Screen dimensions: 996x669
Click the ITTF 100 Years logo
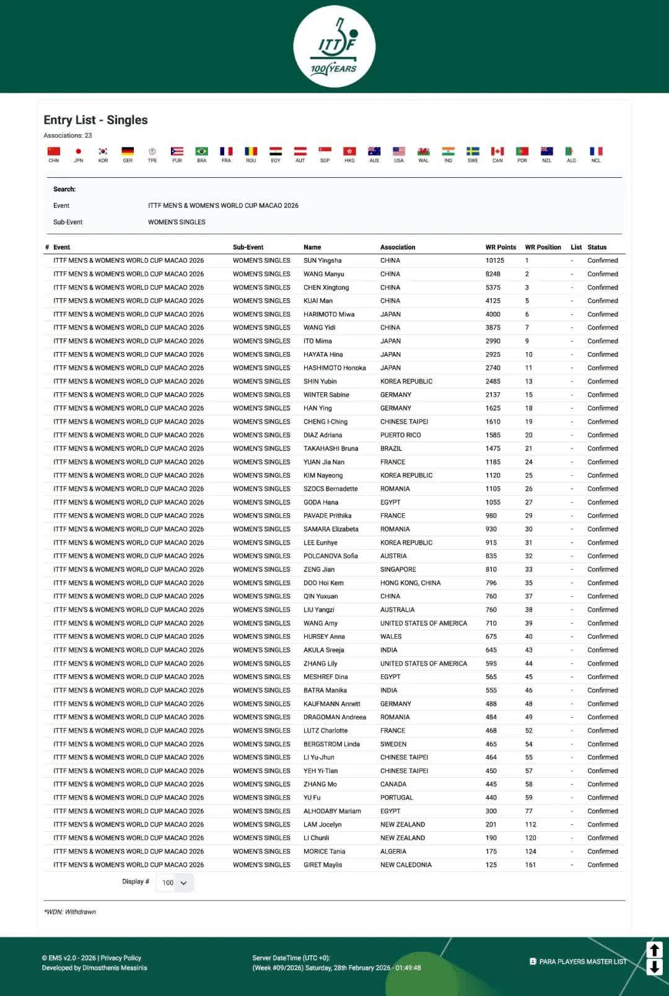pos(334,46)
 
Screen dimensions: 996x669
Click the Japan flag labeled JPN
pos(78,152)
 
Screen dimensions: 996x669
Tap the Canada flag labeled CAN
pos(497,152)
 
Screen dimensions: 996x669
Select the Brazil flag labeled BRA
pos(201,152)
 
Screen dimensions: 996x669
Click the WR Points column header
pos(500,247)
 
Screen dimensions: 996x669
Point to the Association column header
pos(398,247)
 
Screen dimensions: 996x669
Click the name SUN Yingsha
pos(322,261)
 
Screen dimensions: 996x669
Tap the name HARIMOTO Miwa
pos(329,314)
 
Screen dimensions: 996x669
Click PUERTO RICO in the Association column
pos(400,435)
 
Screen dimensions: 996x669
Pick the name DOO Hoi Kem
pos(323,583)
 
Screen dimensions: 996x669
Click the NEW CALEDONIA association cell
pos(406,865)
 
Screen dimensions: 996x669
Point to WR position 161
pos(530,865)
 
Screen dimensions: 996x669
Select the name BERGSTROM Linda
pos(331,744)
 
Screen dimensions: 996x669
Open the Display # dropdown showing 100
pos(175,883)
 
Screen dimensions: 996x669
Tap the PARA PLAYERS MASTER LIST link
pos(582,962)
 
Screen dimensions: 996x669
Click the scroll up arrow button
pos(654,950)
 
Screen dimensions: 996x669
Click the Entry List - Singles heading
pos(95,120)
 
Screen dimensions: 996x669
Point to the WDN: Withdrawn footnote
pos(70,912)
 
